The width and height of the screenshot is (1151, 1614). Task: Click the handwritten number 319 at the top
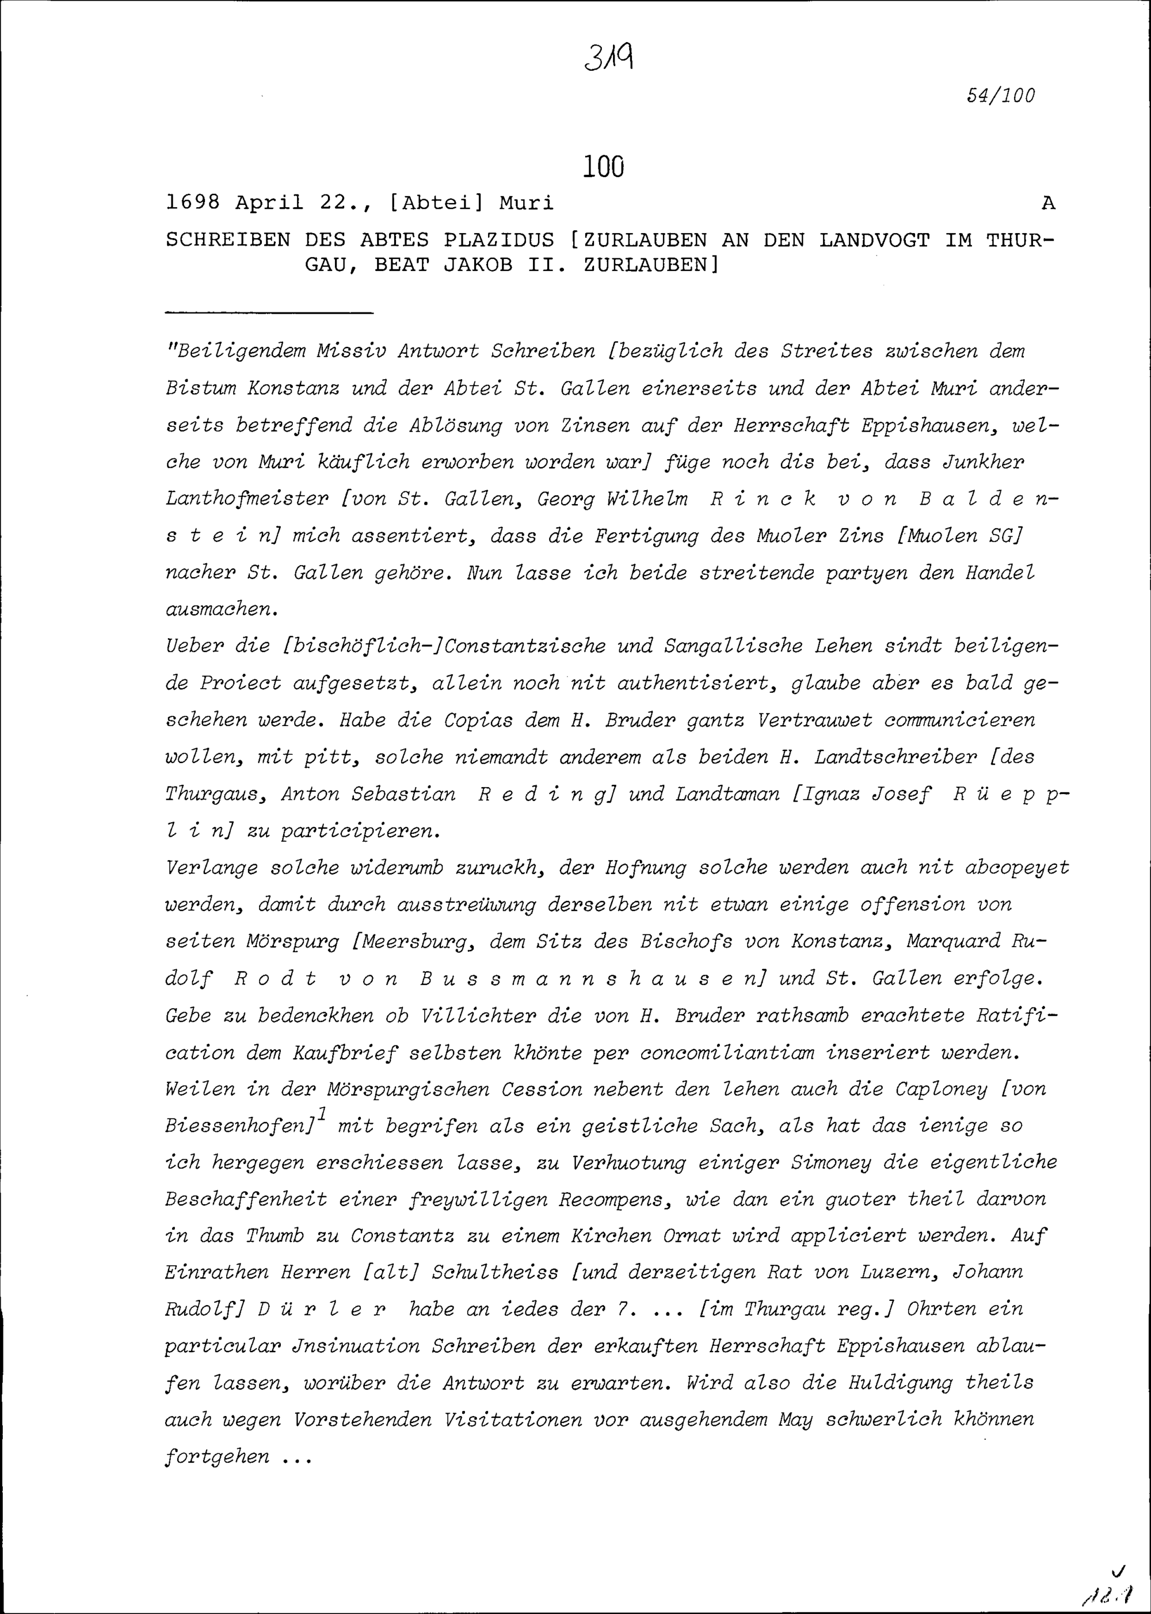(x=609, y=58)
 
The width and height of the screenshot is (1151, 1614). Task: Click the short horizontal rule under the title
(x=269, y=312)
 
